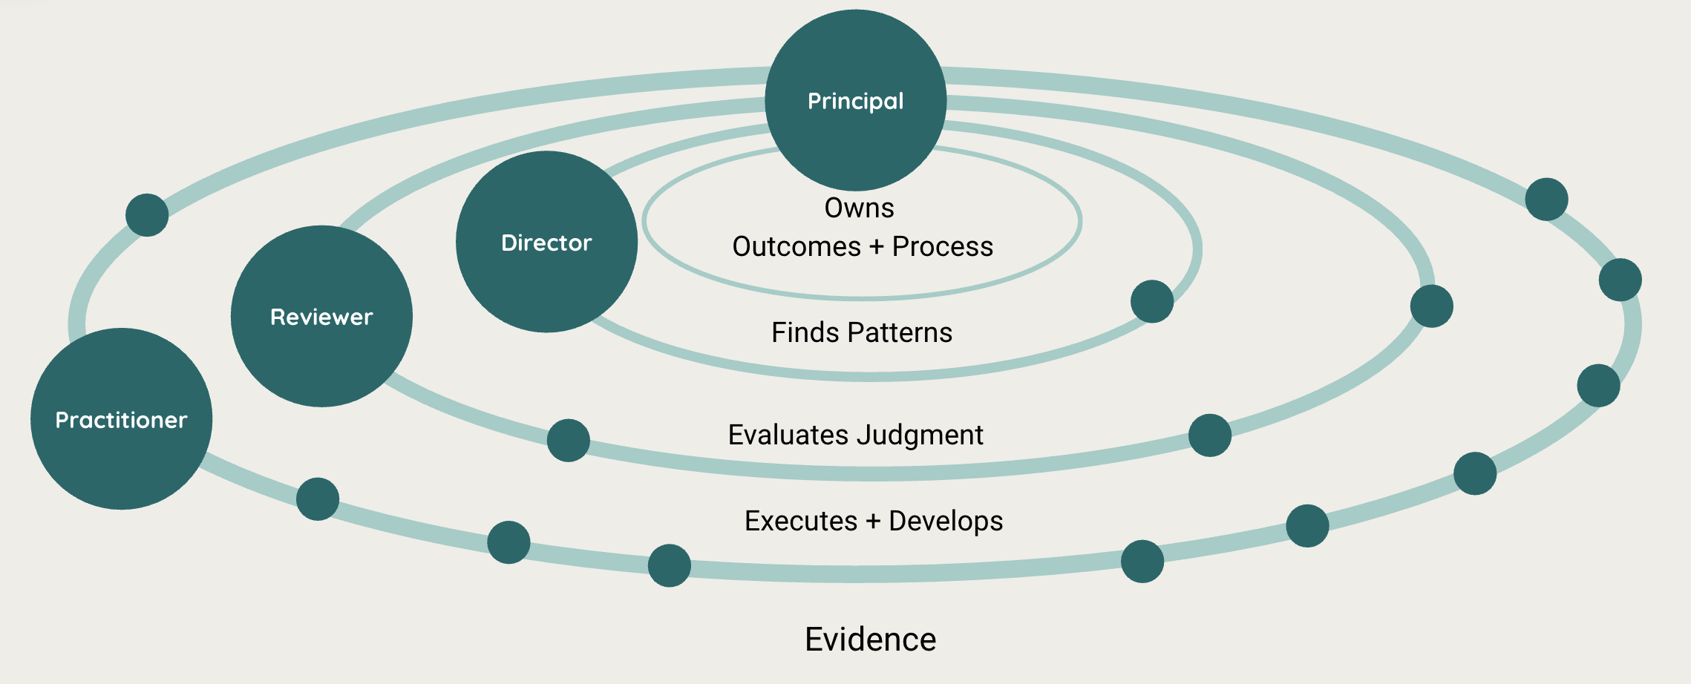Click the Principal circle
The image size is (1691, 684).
(x=856, y=100)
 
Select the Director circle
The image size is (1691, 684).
(x=546, y=242)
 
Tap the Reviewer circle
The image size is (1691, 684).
(x=321, y=316)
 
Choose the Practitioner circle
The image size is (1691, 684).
(x=121, y=419)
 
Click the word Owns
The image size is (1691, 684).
(x=859, y=208)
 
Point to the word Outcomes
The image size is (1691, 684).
(x=797, y=246)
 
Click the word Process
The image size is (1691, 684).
(x=943, y=246)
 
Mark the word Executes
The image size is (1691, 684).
(x=801, y=521)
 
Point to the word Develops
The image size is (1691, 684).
(x=946, y=522)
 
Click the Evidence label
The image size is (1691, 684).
(x=871, y=639)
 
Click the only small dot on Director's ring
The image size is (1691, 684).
(x=1152, y=301)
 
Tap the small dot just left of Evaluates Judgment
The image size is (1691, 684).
(x=569, y=441)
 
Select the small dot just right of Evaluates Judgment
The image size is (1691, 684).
(x=1210, y=435)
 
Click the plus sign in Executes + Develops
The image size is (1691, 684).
(x=873, y=521)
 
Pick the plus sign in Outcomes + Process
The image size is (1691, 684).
(x=877, y=246)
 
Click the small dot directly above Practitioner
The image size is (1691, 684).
(x=147, y=215)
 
